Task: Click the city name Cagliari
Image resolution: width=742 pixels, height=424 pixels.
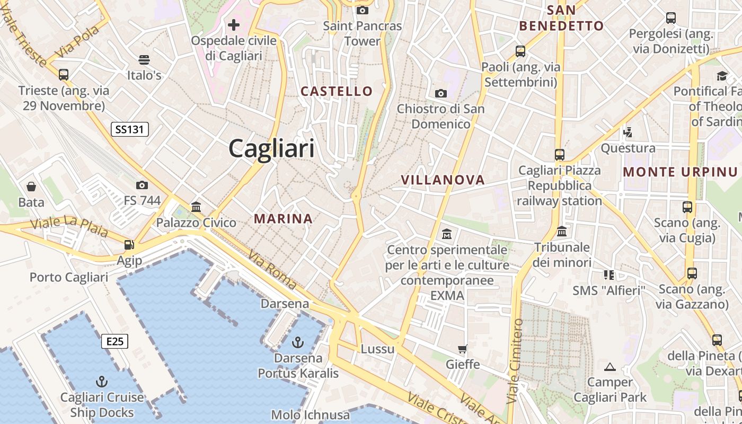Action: point(271,148)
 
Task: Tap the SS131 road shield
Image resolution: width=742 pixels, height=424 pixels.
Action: point(130,129)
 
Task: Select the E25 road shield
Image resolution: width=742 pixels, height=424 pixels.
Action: point(114,341)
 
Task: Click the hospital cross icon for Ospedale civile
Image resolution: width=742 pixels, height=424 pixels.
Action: point(234,25)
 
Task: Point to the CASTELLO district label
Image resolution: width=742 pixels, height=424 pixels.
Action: point(337,91)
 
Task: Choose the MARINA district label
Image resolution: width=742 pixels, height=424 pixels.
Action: point(283,218)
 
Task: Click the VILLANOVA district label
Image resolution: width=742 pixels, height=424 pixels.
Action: point(443,180)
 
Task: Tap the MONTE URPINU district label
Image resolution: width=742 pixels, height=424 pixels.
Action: point(680,172)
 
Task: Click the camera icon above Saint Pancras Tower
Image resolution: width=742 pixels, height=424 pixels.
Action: point(363,10)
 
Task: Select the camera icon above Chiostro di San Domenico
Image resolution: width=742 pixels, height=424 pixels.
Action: point(440,94)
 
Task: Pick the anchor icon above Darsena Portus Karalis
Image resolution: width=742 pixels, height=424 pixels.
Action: point(298,342)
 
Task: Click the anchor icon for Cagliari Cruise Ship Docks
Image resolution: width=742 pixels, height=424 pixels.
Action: point(101,382)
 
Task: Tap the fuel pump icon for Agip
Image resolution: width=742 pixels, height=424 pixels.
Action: point(129,245)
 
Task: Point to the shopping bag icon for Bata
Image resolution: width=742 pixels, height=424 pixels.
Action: point(31,187)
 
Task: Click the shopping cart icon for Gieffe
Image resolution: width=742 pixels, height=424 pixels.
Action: point(463,349)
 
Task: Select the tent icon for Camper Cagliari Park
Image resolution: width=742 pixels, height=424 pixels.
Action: point(610,367)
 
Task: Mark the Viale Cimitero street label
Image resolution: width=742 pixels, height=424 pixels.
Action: point(515,360)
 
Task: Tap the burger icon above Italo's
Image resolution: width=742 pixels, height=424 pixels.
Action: point(144,59)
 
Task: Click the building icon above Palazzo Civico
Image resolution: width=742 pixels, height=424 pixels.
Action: point(196,207)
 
